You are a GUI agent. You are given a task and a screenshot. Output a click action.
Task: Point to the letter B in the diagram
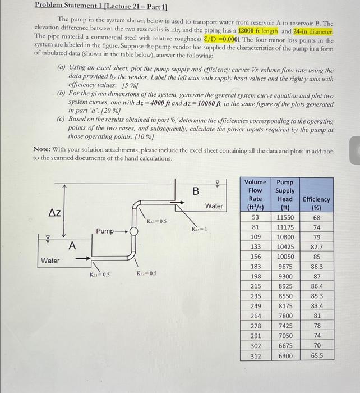click(196, 191)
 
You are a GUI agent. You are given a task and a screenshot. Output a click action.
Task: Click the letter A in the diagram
click(72, 245)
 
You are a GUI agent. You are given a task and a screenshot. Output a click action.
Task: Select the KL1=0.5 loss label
click(99, 274)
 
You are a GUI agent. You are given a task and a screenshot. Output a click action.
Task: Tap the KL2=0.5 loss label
click(146, 273)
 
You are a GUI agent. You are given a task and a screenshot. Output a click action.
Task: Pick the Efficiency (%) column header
click(316, 203)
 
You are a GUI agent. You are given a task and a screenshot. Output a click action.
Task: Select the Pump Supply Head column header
click(285, 194)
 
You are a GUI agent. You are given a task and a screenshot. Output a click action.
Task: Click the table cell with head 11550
click(285, 217)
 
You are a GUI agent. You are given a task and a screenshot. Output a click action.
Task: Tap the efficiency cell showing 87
click(316, 277)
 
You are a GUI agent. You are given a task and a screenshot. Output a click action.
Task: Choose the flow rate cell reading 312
click(255, 355)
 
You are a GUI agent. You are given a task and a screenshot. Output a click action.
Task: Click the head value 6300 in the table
click(285, 355)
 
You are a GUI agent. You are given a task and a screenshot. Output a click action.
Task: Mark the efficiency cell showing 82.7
click(316, 247)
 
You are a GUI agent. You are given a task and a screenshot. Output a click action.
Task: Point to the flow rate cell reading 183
click(255, 267)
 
